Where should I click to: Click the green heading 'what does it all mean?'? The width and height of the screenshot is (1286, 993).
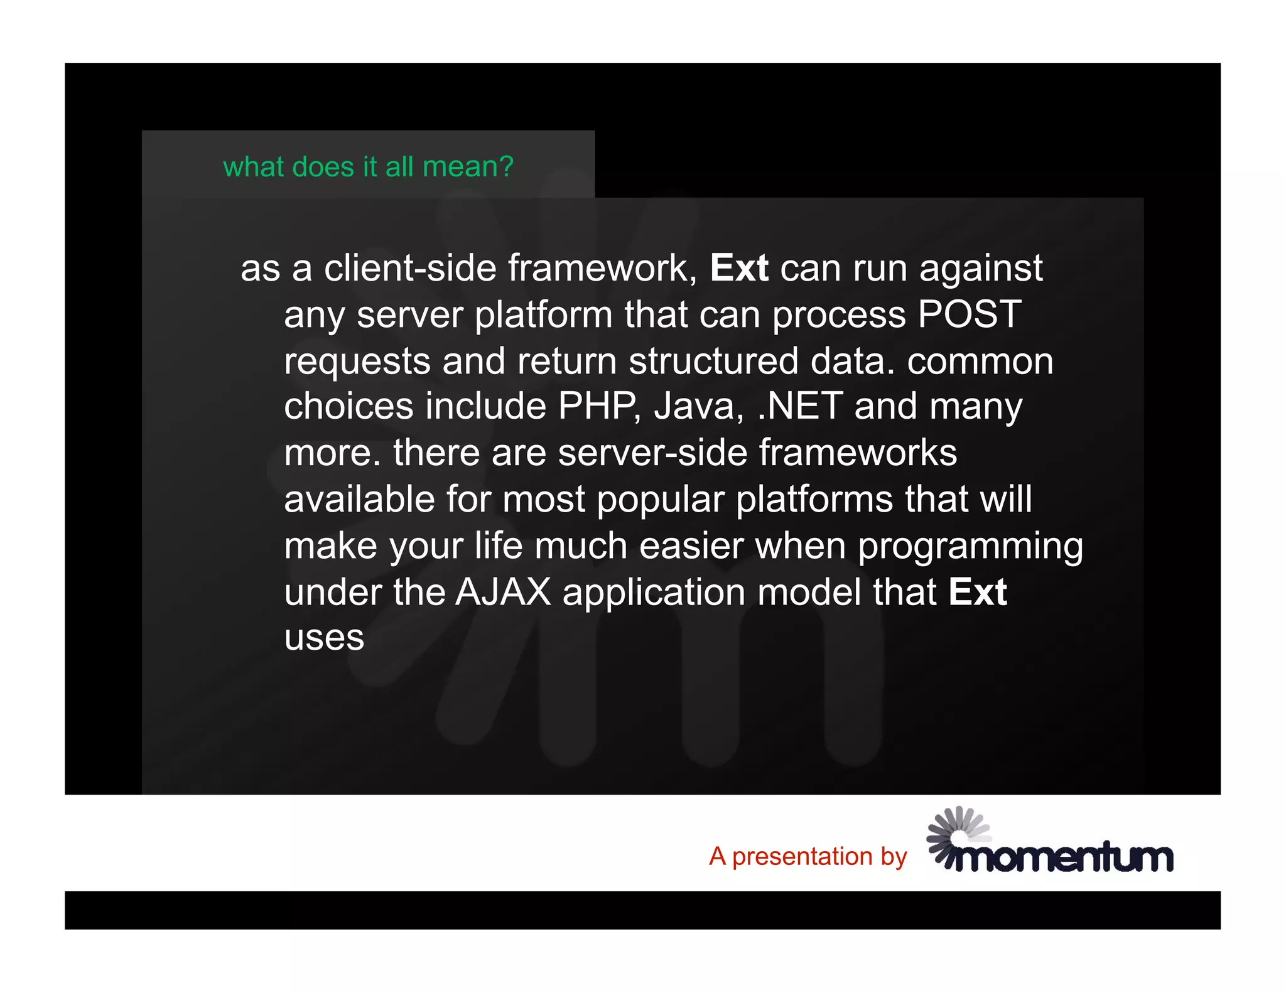pos(368,167)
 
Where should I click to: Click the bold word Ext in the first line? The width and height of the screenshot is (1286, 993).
pos(739,268)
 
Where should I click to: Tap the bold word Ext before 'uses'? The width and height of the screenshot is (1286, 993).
pos(977,592)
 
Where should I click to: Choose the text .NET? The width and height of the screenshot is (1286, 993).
pos(800,406)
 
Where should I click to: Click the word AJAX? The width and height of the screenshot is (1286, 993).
pos(503,592)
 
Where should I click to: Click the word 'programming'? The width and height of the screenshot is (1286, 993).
pos(970,546)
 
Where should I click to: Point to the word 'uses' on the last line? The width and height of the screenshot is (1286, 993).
pos(324,638)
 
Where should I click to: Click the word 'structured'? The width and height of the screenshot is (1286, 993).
pos(713,361)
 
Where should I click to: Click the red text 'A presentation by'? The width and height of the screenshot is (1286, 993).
pos(808,856)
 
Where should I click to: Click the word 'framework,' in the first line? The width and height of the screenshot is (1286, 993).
pos(603,268)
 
